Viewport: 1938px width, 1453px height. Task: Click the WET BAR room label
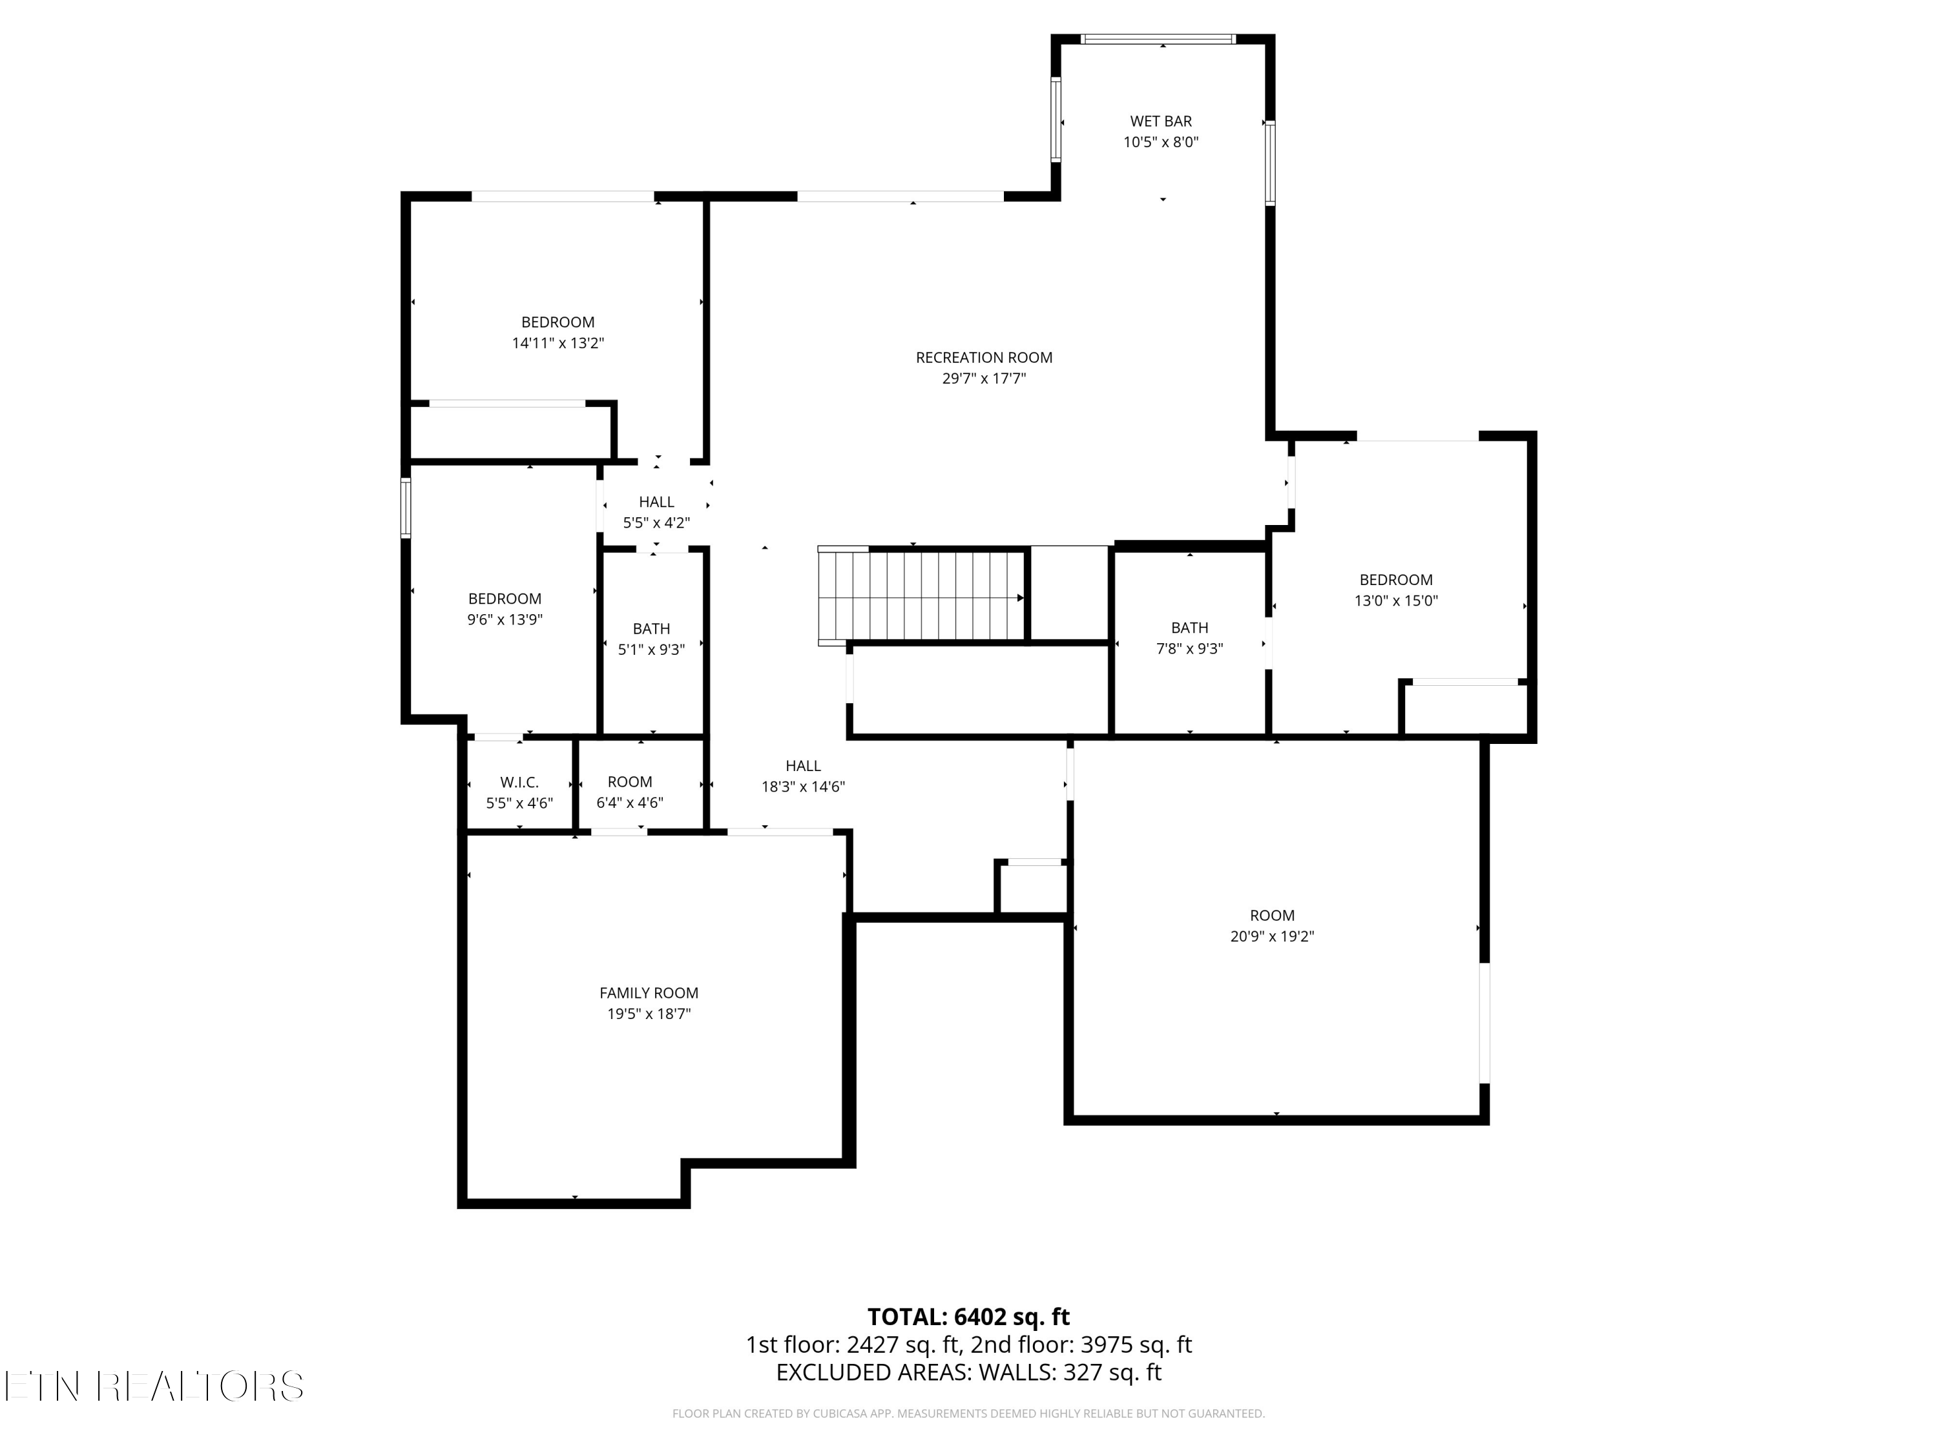click(x=1160, y=121)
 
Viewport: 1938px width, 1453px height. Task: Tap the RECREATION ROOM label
click(x=983, y=357)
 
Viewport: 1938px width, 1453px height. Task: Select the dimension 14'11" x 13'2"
click(x=558, y=344)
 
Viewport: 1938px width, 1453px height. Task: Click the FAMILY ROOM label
click(x=649, y=993)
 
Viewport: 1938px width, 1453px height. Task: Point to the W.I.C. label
click(x=519, y=782)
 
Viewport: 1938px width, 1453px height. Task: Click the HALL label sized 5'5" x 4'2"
click(x=656, y=502)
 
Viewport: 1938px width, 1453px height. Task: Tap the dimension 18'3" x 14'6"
click(x=802, y=787)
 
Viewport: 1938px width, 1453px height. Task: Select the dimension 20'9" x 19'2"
click(x=1271, y=936)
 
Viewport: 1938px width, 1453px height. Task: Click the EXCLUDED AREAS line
click(x=968, y=1372)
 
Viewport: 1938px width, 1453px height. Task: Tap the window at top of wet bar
click(x=1158, y=39)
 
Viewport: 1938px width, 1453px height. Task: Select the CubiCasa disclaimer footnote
click(x=968, y=1414)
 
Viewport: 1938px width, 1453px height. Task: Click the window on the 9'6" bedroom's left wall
click(x=406, y=508)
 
